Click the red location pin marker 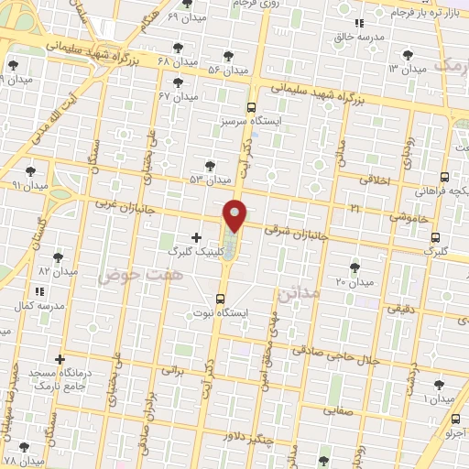coord(235,215)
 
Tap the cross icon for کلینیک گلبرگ coord(196,237)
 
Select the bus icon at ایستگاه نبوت coord(219,299)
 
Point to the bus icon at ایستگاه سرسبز coord(251,107)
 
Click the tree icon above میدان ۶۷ coord(191,82)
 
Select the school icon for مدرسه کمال coord(38,290)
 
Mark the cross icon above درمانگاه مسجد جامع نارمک coord(60,359)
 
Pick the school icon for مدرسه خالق coord(360,23)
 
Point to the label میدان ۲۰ coord(355,281)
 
